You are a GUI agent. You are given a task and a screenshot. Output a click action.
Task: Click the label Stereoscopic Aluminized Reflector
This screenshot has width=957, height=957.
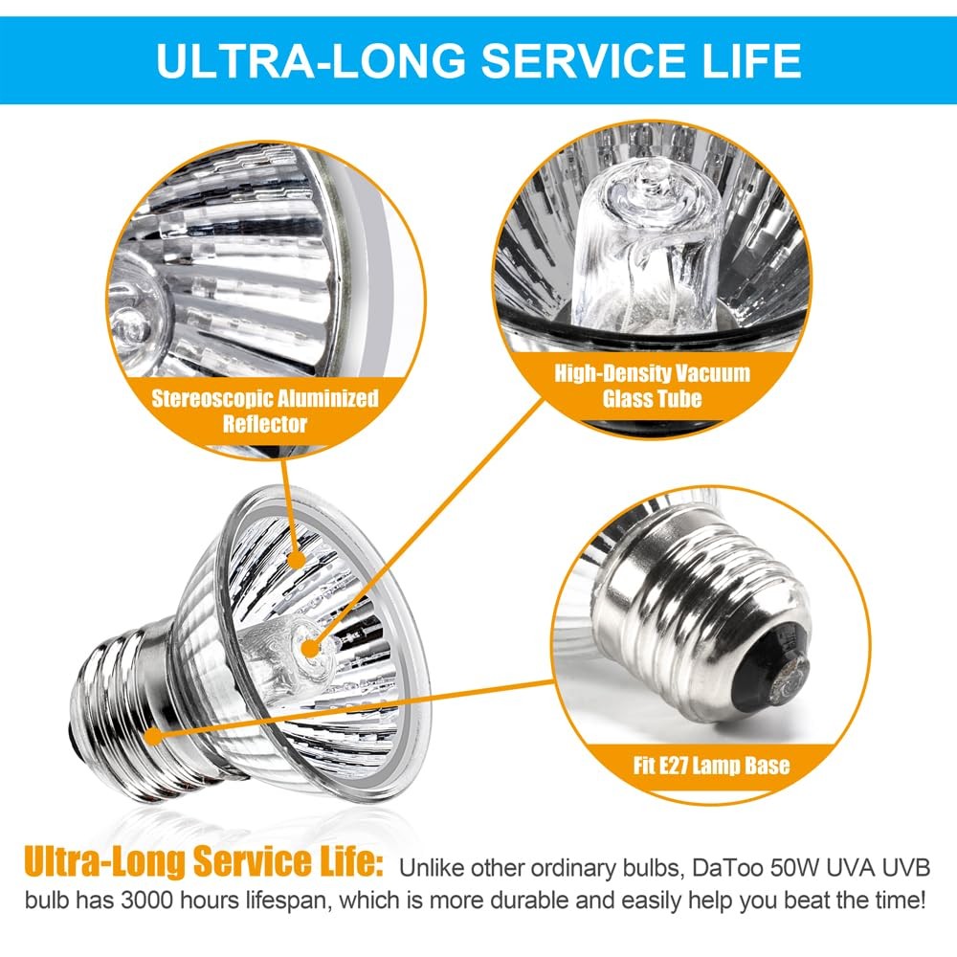tap(265, 410)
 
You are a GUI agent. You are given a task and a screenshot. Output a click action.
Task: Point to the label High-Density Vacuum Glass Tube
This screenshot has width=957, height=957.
tap(653, 384)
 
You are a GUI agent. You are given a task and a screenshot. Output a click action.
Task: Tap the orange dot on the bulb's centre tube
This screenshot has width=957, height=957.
tap(308, 648)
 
